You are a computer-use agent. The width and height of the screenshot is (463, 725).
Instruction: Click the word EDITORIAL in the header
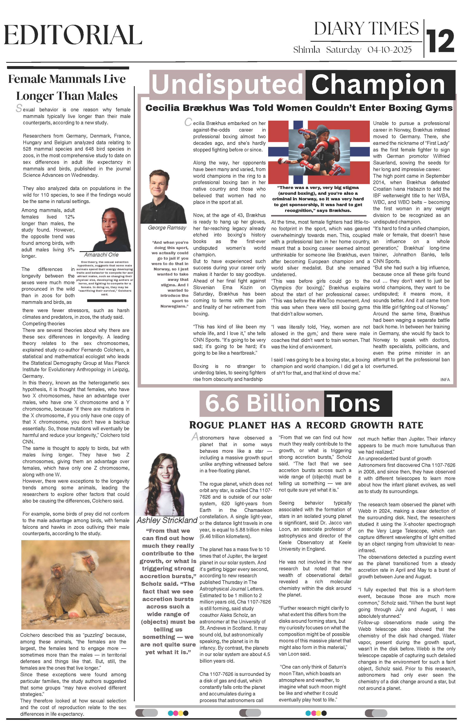(x=73, y=35)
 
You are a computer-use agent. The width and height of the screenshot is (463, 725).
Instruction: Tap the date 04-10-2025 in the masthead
(x=389, y=50)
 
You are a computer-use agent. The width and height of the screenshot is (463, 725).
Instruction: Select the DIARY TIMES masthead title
(x=366, y=29)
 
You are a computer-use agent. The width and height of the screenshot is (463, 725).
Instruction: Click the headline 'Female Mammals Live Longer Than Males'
(x=67, y=87)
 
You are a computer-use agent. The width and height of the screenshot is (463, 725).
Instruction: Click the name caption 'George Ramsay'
(x=167, y=228)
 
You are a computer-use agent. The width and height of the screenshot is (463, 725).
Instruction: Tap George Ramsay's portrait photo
(x=164, y=196)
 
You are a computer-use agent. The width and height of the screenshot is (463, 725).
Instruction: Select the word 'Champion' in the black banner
(x=378, y=85)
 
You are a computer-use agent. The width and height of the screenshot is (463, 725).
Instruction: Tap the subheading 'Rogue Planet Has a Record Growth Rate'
(x=306, y=425)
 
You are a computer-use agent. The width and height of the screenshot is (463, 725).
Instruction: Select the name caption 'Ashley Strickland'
(x=167, y=520)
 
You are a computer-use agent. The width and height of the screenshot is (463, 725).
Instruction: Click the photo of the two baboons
(x=75, y=584)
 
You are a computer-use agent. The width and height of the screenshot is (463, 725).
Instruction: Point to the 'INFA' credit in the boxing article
(x=445, y=380)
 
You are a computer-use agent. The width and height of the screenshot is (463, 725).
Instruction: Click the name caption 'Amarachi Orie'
(x=101, y=255)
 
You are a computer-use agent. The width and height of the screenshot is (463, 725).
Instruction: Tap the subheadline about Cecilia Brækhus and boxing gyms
(x=299, y=108)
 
